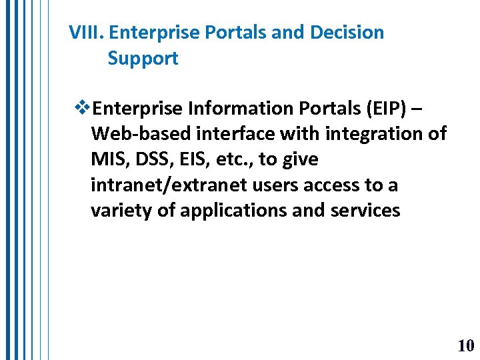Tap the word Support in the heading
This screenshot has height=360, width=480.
pyautogui.click(x=143, y=59)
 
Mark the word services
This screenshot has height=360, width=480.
pyautogui.click(x=365, y=211)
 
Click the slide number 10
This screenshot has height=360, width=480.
pyautogui.click(x=465, y=345)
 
